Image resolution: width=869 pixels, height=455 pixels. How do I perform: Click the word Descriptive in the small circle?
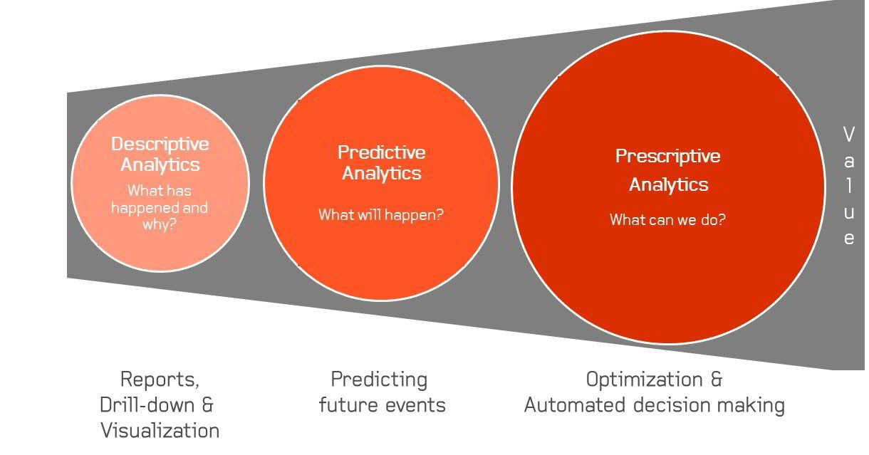tap(160, 144)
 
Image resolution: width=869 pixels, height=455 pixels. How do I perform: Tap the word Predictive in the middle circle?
tap(381, 152)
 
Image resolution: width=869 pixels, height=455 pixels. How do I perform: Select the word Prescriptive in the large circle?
tap(667, 156)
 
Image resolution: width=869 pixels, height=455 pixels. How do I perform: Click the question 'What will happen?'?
tap(380, 214)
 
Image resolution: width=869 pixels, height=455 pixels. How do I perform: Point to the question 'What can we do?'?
tap(667, 219)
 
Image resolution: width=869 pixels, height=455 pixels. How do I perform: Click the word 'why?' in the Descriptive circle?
tap(160, 225)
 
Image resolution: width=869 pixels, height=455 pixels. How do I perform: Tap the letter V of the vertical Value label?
tap(848, 134)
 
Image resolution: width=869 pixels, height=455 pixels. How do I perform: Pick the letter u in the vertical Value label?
tap(848, 211)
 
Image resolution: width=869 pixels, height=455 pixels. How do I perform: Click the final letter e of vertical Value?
tap(848, 238)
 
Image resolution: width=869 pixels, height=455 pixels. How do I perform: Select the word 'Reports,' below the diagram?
tap(160, 379)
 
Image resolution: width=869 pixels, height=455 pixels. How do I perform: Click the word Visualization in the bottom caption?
tap(160, 430)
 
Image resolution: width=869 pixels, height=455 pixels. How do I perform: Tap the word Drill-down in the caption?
tap(146, 404)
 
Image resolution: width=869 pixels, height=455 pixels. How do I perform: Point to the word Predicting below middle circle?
tap(379, 379)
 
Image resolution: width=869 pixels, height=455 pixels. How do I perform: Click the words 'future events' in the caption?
tap(382, 405)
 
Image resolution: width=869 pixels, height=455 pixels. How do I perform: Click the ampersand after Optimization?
tap(716, 380)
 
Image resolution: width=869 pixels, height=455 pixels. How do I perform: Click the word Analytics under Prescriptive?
tap(668, 184)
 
